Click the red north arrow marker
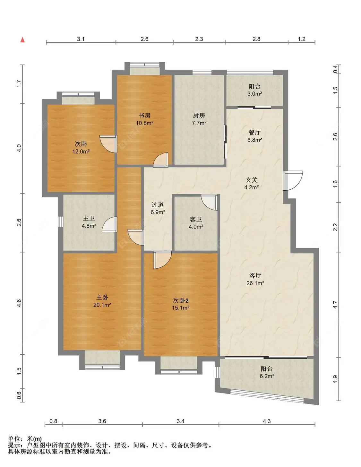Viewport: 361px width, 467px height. point(22,40)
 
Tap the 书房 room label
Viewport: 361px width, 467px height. point(144,116)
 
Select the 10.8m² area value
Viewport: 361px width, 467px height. point(144,123)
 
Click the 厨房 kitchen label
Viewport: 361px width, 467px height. point(199,116)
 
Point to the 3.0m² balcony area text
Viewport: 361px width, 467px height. point(254,94)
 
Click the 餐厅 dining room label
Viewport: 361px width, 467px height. point(254,132)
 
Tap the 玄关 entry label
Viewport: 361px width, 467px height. point(252,180)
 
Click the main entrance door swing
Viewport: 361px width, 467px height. point(293,180)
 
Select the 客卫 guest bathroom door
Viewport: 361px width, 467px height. point(210,202)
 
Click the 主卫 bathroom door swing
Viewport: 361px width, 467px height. point(109,224)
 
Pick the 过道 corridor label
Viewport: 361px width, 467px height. point(158,204)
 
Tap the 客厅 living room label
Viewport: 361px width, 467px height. point(255,275)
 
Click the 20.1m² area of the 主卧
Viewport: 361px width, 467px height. point(102,305)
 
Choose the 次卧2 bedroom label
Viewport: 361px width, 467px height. point(181,300)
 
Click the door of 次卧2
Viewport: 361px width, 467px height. point(163,260)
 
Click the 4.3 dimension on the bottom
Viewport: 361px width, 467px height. point(267,421)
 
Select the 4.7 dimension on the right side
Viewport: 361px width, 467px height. point(335,305)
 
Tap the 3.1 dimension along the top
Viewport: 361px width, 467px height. point(81,39)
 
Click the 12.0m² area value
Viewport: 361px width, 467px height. point(81,151)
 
